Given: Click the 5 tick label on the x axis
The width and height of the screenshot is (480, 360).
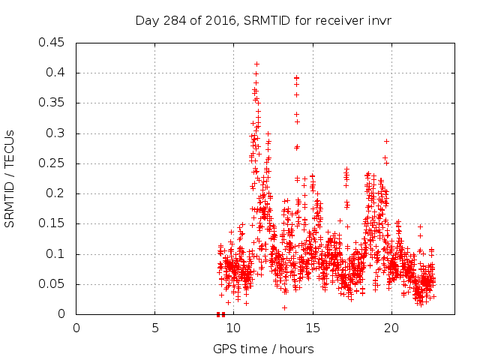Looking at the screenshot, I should tap(155, 328).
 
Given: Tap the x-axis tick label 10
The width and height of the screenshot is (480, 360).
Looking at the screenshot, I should tap(233, 328).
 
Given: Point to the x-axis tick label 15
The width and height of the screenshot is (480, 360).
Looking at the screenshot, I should tap(312, 328).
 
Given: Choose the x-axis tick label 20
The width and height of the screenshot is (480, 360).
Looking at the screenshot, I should tap(391, 328).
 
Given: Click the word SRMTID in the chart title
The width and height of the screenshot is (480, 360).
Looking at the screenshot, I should tap(265, 20).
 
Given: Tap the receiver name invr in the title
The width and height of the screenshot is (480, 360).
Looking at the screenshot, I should tap(378, 20).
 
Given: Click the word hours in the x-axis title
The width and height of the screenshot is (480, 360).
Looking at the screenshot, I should tap(296, 349).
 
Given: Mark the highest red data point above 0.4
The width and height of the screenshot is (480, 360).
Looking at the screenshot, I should tap(256, 64).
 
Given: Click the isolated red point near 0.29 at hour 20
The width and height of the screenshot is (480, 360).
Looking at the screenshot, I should tap(386, 141).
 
